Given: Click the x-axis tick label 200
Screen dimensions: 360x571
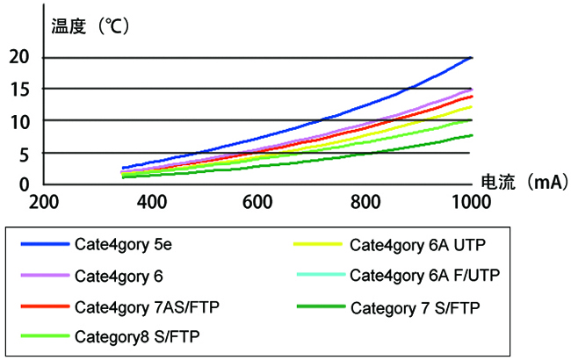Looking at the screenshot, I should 43,202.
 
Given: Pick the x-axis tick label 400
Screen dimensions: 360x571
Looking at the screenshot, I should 152,202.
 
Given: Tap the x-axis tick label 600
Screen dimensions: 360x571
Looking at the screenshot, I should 258,202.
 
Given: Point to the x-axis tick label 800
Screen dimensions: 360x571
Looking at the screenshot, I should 364,202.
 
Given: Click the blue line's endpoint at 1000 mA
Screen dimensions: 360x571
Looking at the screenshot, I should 473,57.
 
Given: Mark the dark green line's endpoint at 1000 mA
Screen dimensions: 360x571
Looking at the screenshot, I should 473,135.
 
